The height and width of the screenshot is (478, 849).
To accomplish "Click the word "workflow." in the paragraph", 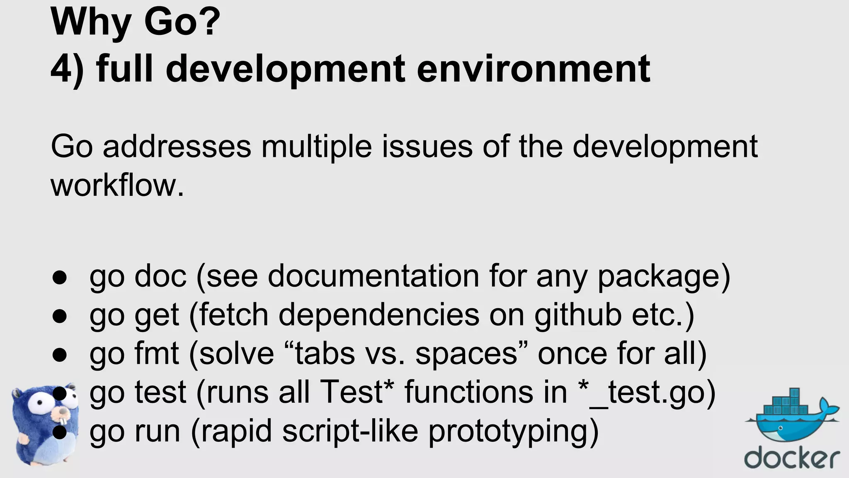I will point(117,185).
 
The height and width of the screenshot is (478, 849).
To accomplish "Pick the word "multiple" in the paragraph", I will point(316,147).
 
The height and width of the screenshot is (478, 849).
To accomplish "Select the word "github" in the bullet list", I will point(578,315).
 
